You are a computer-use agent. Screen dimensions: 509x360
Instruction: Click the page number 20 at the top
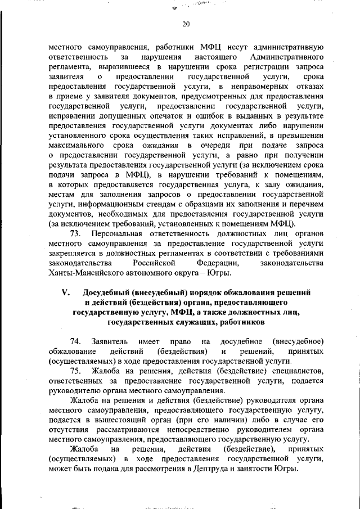tap(187, 24)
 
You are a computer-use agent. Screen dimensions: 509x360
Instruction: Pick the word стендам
tap(162, 204)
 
